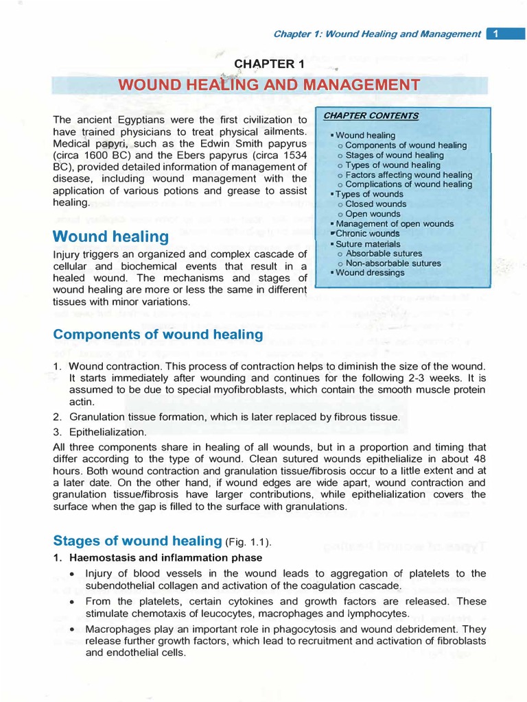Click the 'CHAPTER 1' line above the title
point(269,64)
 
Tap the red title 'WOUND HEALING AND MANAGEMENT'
point(268,85)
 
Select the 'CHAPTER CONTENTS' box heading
point(371,116)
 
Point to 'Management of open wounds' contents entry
point(395,224)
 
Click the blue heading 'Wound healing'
point(110,237)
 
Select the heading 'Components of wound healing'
point(158,334)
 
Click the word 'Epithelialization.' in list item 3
point(108,432)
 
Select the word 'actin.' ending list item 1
point(82,402)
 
